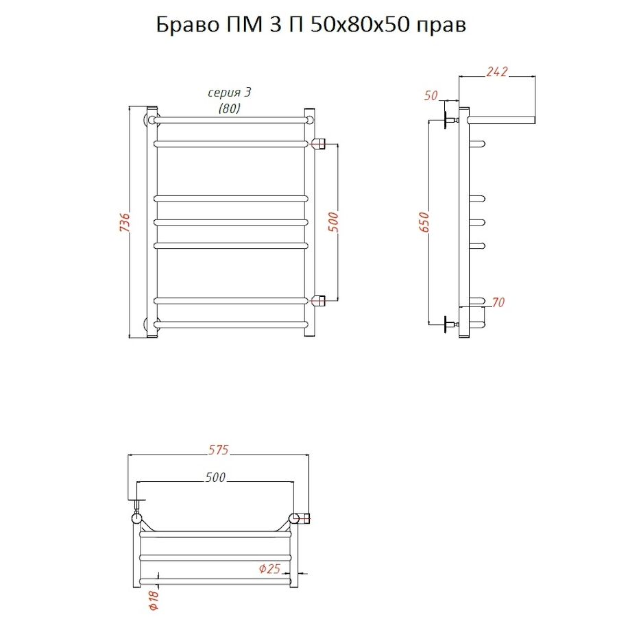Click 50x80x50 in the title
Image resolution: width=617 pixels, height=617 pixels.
pos(354,26)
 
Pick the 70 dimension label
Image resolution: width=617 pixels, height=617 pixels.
pos(498,302)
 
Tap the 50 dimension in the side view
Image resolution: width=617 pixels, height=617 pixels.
pos(431,95)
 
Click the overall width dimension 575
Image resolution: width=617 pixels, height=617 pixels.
pos(219,450)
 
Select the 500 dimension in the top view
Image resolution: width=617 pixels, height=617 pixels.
pos(215,478)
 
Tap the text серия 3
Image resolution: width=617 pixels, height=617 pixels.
pos(225,93)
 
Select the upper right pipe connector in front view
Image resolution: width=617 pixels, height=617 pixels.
pos(319,143)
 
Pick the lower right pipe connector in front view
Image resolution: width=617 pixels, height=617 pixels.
pos(319,300)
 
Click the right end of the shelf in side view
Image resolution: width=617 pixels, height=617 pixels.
pos(532,119)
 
